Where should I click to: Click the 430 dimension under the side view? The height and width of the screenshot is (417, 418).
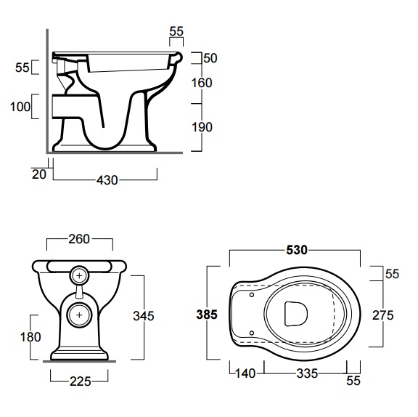tap(107, 180)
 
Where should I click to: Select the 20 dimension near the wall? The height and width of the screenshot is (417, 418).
tap(39, 174)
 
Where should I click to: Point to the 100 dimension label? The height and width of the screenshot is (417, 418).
tap(20, 107)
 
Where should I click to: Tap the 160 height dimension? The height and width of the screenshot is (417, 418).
tap(202, 83)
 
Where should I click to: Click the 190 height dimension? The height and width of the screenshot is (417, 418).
tap(202, 127)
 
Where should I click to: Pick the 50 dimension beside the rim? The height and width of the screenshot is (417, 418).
tap(210, 58)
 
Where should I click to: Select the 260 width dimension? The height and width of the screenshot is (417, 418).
tap(79, 239)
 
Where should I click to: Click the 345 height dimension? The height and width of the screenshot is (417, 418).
tap(144, 316)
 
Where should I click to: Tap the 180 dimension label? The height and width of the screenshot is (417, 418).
tap(30, 337)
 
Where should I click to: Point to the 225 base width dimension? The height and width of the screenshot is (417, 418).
tap(81, 381)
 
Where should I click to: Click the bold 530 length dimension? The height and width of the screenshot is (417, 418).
tap(297, 250)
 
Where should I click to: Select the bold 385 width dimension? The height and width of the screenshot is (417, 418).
tap(207, 315)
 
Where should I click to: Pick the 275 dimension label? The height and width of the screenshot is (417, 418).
tap(383, 315)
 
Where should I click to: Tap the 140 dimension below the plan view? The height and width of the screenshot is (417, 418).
tap(245, 373)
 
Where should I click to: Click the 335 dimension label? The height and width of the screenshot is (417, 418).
tap(307, 373)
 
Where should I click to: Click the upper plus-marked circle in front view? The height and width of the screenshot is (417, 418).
tap(79, 275)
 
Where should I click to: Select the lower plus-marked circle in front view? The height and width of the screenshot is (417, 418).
tap(79, 315)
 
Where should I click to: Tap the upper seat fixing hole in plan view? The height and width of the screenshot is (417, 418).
tap(252, 295)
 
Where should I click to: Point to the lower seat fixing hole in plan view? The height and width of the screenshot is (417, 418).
tap(252, 333)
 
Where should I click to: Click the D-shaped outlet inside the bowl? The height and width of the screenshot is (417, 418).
tap(295, 314)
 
